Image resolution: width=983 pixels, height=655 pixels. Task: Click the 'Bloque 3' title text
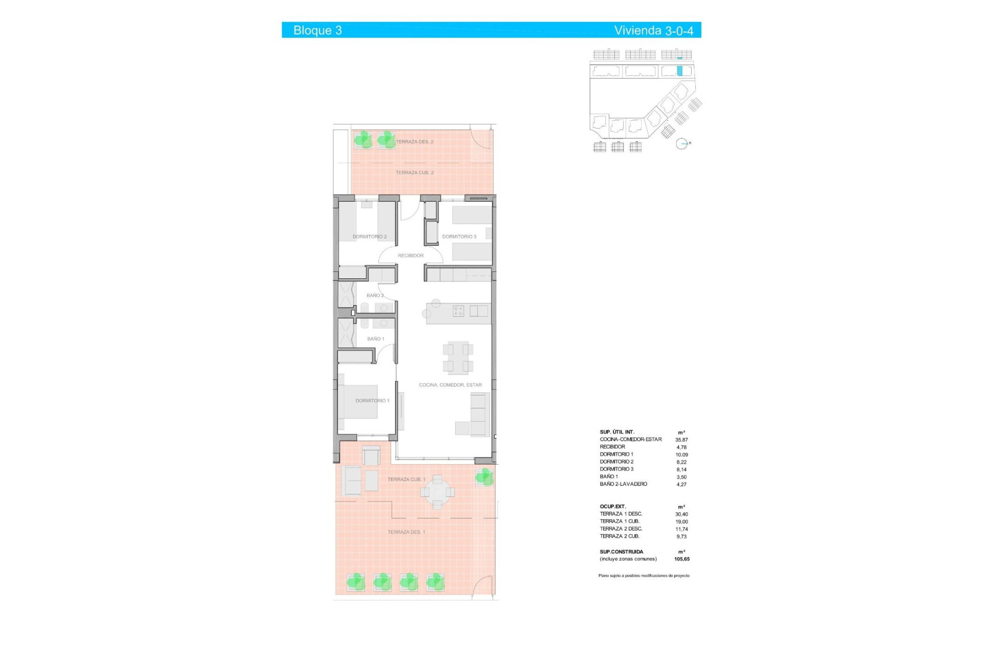(x=317, y=30)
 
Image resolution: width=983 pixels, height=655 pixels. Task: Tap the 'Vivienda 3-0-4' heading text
(x=653, y=30)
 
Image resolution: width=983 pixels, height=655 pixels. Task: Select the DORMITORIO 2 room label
(x=369, y=237)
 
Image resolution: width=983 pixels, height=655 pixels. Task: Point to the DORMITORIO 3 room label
(x=459, y=237)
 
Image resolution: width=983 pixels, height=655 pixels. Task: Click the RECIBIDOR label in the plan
(x=411, y=255)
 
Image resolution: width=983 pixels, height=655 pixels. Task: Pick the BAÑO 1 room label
(x=375, y=339)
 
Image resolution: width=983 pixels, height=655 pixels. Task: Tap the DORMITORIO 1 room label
(x=372, y=401)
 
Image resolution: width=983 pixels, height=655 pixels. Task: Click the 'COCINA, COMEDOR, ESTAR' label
(x=450, y=385)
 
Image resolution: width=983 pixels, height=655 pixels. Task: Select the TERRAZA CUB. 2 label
(x=414, y=173)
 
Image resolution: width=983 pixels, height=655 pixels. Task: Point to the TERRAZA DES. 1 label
(x=406, y=532)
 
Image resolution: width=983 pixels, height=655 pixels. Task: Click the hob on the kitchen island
(x=458, y=311)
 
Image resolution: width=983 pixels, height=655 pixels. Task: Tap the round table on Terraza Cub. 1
(x=437, y=492)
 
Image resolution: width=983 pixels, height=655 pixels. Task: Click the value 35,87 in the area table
(x=681, y=440)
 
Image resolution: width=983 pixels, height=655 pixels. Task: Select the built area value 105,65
(x=681, y=559)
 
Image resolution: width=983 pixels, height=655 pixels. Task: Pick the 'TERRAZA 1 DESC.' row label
(x=621, y=514)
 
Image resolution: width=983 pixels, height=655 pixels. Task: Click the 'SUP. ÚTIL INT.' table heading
(x=617, y=432)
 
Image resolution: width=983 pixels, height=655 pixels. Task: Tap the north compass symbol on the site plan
(x=681, y=144)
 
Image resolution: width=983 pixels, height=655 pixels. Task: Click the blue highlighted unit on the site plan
(x=679, y=71)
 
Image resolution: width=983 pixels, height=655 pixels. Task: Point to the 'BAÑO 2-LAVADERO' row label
(x=624, y=484)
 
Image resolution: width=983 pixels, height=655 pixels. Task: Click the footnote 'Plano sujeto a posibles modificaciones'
(x=644, y=576)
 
